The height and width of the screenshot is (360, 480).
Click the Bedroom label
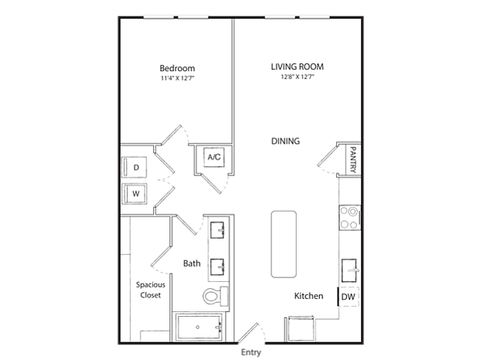[x=177, y=68]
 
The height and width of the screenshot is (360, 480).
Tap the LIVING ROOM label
[x=296, y=66]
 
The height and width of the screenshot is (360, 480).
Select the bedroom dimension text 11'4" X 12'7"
[x=177, y=79]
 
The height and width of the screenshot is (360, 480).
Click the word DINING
[x=285, y=141]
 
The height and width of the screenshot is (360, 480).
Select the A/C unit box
[x=214, y=158]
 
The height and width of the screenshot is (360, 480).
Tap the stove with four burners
[x=350, y=218]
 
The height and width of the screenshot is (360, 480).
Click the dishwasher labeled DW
[x=349, y=297]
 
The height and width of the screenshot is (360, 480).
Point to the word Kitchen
[x=308, y=296]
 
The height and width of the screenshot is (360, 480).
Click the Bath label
[x=192, y=263]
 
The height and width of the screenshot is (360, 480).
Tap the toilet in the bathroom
[x=214, y=295]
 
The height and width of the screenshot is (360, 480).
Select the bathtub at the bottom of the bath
[x=199, y=328]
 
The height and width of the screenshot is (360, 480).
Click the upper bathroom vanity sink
[x=218, y=230]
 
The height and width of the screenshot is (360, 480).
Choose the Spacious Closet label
[x=150, y=289]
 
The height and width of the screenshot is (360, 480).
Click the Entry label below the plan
[x=251, y=352]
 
